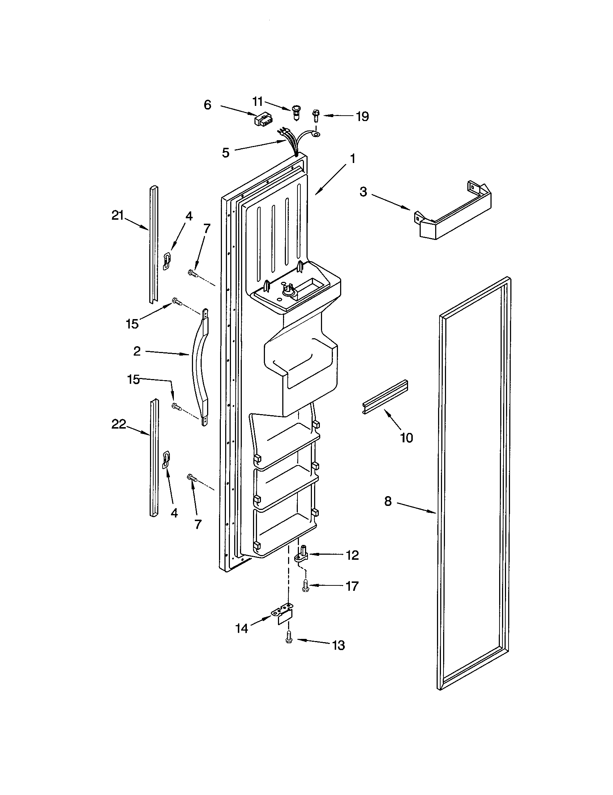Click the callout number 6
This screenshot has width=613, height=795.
coord(207,105)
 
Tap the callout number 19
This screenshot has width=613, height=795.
coord(362,116)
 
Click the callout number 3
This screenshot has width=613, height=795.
coord(363,192)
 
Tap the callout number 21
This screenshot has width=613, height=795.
coord(117,216)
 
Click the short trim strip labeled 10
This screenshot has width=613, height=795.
coord(385,397)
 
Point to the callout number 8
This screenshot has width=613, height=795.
coord(388,501)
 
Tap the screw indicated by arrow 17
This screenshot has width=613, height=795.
coord(305,586)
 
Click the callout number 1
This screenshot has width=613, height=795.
coord(352,158)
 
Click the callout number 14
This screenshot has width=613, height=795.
coord(242,628)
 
